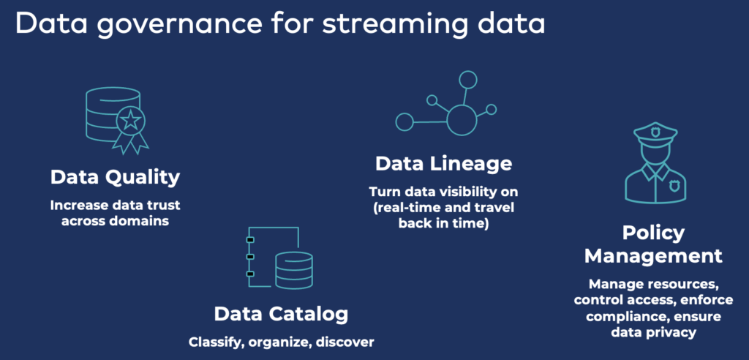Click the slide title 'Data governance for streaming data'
point(279,23)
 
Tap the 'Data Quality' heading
point(115,177)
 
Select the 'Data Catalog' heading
point(281,314)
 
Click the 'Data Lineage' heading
point(443,162)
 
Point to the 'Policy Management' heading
point(653,244)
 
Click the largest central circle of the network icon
point(462,119)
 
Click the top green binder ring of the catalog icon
point(250,240)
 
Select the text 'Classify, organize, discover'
point(280,341)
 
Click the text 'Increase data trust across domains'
point(115,212)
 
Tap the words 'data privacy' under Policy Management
point(653,331)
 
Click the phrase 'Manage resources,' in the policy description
point(653,283)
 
